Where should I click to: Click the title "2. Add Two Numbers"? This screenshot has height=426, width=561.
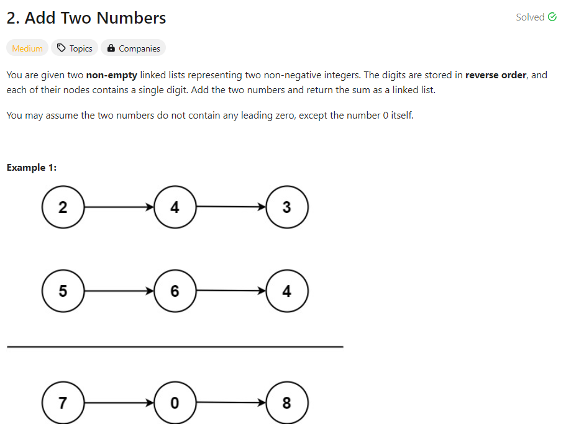(86, 18)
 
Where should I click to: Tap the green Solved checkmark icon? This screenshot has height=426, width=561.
(552, 17)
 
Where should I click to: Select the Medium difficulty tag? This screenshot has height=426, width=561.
(27, 48)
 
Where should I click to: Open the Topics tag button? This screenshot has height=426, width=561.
(75, 48)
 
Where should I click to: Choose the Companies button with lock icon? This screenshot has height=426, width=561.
(133, 48)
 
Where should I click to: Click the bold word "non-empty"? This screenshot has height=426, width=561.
(112, 75)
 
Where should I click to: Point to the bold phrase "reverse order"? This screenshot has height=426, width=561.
(496, 75)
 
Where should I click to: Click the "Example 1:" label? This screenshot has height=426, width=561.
(32, 168)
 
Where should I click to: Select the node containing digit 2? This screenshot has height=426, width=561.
(63, 207)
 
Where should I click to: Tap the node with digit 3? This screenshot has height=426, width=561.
(286, 207)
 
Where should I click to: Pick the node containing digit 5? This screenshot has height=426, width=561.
(63, 291)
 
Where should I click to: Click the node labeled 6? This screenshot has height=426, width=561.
(175, 291)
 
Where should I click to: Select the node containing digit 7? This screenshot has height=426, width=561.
(63, 402)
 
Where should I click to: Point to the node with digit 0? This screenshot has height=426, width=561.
(175, 402)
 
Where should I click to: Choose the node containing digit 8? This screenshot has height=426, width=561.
(286, 402)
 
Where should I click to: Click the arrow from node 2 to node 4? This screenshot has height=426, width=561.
(119, 207)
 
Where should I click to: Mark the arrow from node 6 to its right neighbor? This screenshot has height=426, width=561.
(230, 291)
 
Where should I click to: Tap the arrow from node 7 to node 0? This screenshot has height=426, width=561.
(119, 402)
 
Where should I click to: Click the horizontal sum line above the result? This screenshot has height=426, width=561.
(175, 347)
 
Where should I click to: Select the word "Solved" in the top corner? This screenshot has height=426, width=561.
(530, 17)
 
